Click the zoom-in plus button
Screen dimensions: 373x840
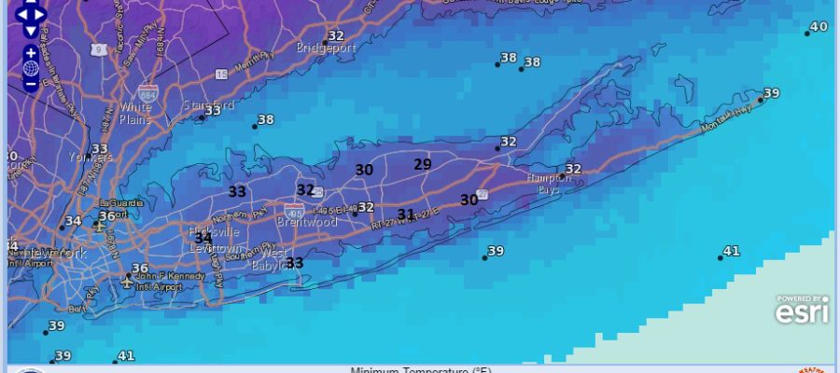(31, 53)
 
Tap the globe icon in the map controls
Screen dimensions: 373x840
(31, 68)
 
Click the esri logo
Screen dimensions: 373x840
(802, 311)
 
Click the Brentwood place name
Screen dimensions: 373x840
(306, 223)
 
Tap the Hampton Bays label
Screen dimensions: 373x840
(529, 183)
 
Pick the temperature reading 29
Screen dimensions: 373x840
(423, 164)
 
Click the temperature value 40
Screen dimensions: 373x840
(819, 26)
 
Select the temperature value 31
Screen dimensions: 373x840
(406, 214)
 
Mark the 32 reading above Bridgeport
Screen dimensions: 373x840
(336, 35)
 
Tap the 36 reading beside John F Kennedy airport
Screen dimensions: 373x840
(140, 269)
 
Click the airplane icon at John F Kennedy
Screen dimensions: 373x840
(128, 279)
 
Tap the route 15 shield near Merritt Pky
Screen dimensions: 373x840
(221, 74)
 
